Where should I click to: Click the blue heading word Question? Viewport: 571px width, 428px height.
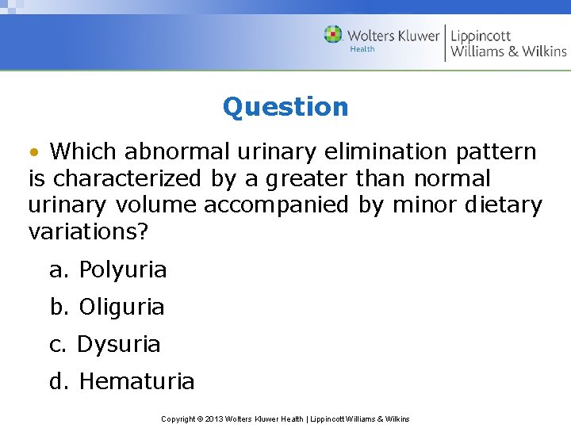285,106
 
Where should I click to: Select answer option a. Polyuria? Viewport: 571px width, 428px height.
108,270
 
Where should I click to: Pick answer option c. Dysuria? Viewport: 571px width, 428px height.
105,345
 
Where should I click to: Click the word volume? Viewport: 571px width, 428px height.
156,205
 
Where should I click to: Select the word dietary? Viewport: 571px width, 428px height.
502,205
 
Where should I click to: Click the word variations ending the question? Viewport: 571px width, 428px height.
88,232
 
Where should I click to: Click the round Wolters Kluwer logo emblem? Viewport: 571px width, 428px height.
333,35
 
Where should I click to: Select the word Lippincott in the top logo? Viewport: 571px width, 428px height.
481,35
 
